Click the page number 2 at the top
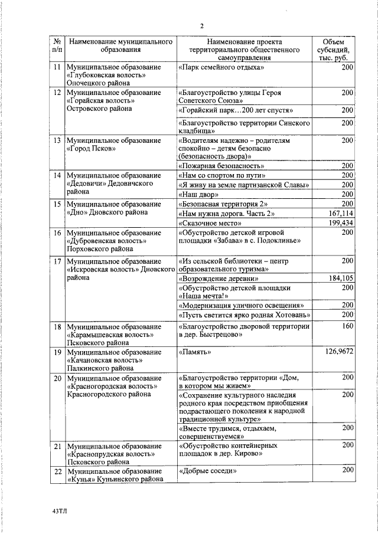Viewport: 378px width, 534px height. coord(202,26)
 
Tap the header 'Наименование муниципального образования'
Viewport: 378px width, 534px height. coord(120,47)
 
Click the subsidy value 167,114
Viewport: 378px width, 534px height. coord(340,213)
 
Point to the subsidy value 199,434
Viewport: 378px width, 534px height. coord(340,224)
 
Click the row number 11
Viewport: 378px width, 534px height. coord(57,68)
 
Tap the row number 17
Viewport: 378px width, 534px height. coord(57,261)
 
